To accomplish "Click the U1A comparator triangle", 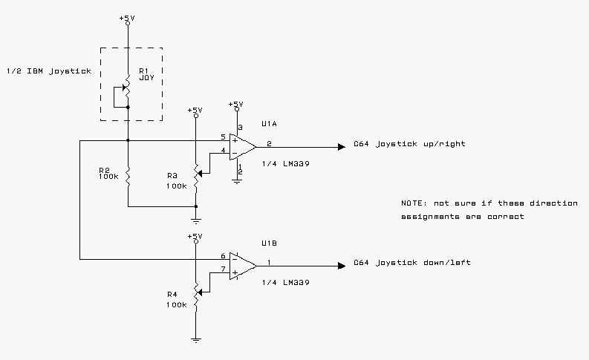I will click(242, 145).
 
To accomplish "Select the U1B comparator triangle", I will click(242, 265).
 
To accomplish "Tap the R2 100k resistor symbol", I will click(128, 177).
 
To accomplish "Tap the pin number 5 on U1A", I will click(223, 137).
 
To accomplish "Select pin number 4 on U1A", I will click(223, 151).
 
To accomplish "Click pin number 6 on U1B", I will click(223, 256).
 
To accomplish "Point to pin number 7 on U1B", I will click(223, 269).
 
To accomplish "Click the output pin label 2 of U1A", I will click(269, 143).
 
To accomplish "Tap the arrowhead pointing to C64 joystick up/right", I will click(341, 146).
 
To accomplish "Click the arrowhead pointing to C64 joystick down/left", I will click(341, 265).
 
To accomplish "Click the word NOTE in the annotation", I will click(413, 203).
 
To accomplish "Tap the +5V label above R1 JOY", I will click(128, 16).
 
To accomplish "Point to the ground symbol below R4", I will click(195, 340).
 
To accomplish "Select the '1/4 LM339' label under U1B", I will click(286, 283).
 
